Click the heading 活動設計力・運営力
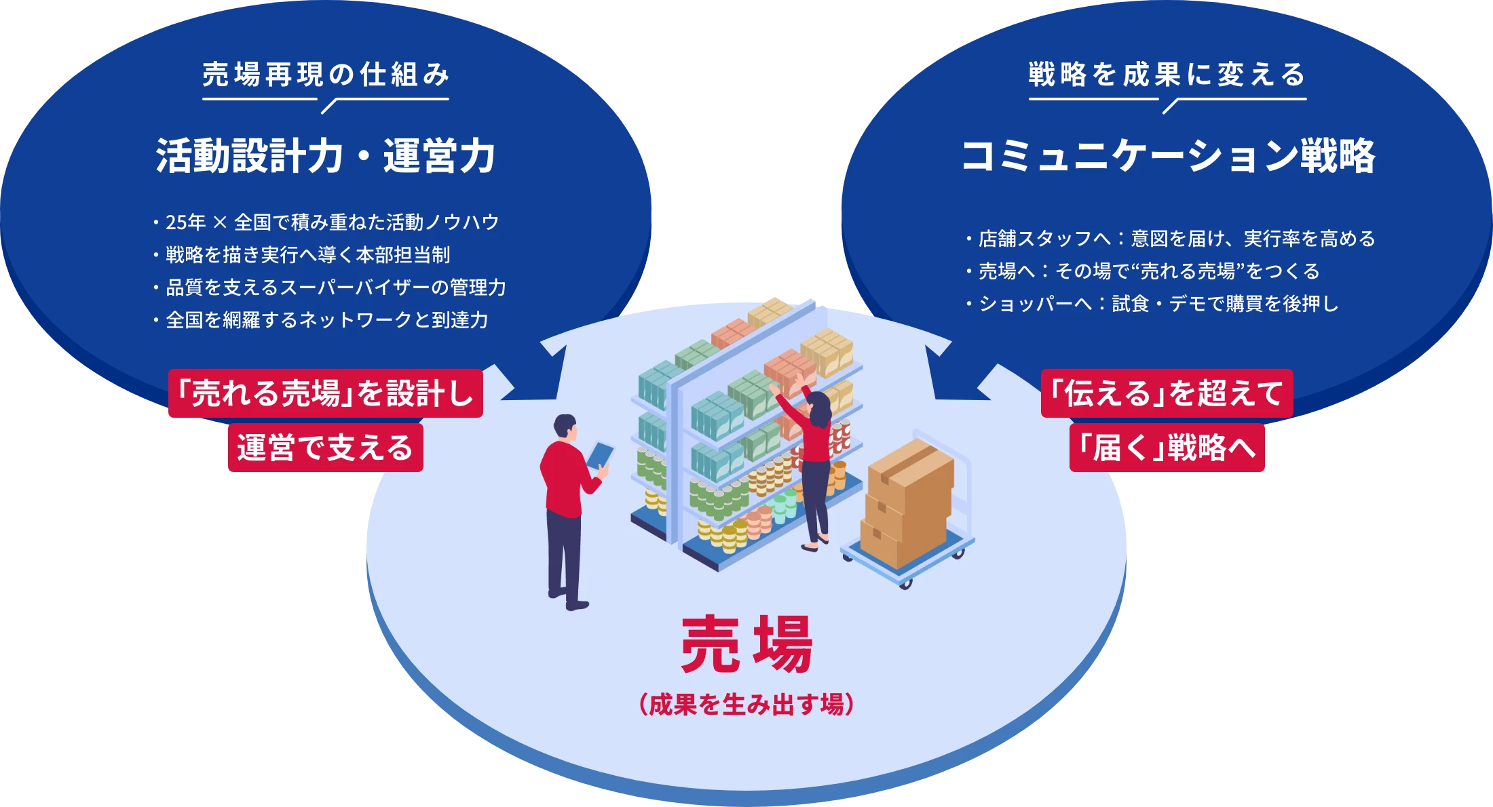click(326, 156)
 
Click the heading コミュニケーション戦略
click(1168, 156)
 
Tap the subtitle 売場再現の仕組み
click(326, 75)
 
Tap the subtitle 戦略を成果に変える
click(1167, 75)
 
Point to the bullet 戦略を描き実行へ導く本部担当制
click(307, 255)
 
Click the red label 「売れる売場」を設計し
click(326, 393)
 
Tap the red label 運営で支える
click(326, 448)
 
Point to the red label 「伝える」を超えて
click(1167, 393)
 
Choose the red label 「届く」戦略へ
click(1167, 448)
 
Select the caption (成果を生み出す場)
click(746, 705)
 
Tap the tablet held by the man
click(600, 454)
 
